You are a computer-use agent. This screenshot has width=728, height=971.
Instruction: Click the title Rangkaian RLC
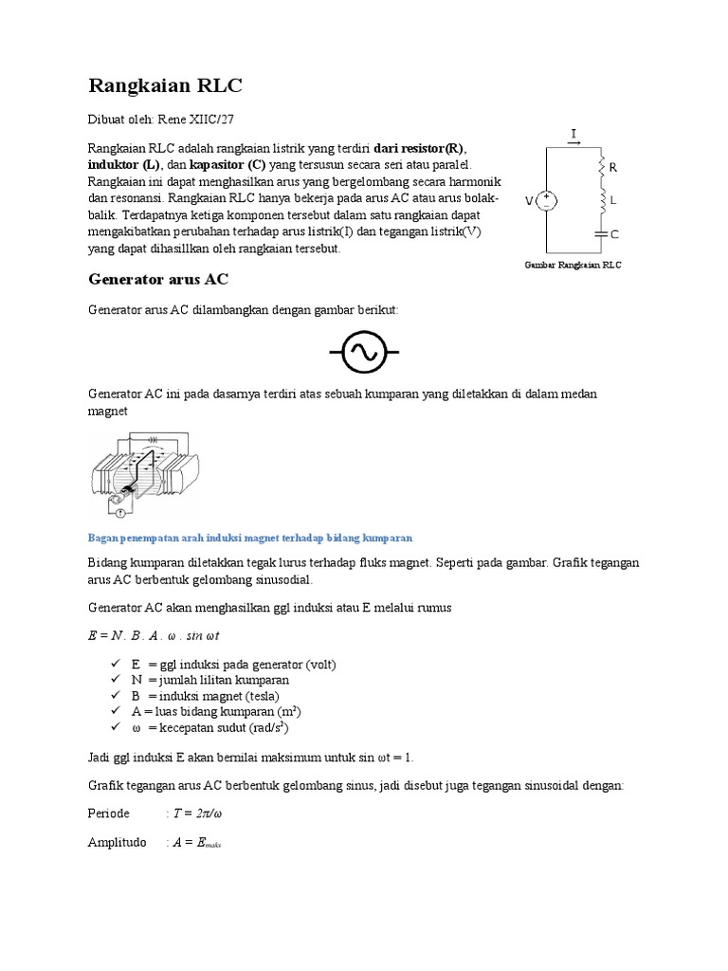click(165, 86)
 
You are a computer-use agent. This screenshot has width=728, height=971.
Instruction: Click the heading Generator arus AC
click(158, 280)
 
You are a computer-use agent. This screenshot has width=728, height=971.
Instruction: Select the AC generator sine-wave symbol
click(364, 354)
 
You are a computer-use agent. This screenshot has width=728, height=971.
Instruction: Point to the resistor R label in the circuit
click(612, 168)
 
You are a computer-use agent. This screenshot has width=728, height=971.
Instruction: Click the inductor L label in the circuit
click(612, 201)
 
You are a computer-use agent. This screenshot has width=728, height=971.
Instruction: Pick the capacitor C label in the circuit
click(613, 233)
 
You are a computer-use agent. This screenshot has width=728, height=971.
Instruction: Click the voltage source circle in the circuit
click(547, 201)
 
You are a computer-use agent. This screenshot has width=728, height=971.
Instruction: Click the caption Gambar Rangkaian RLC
click(573, 266)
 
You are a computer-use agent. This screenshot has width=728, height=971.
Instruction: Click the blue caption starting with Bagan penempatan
click(249, 538)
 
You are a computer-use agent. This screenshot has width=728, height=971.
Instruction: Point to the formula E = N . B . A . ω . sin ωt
click(154, 635)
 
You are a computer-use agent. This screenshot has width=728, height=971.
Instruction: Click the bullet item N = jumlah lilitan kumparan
click(210, 680)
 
